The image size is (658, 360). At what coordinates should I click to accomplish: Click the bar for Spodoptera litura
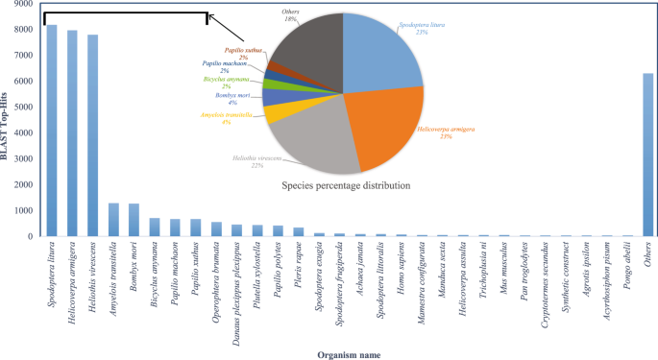[x=51, y=134]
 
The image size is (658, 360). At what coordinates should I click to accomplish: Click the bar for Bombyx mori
[x=134, y=221]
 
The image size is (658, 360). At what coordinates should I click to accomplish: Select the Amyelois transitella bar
[x=113, y=220]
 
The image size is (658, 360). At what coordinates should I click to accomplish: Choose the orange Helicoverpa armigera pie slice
[x=379, y=125]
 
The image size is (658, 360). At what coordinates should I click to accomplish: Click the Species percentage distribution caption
[x=342, y=184]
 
